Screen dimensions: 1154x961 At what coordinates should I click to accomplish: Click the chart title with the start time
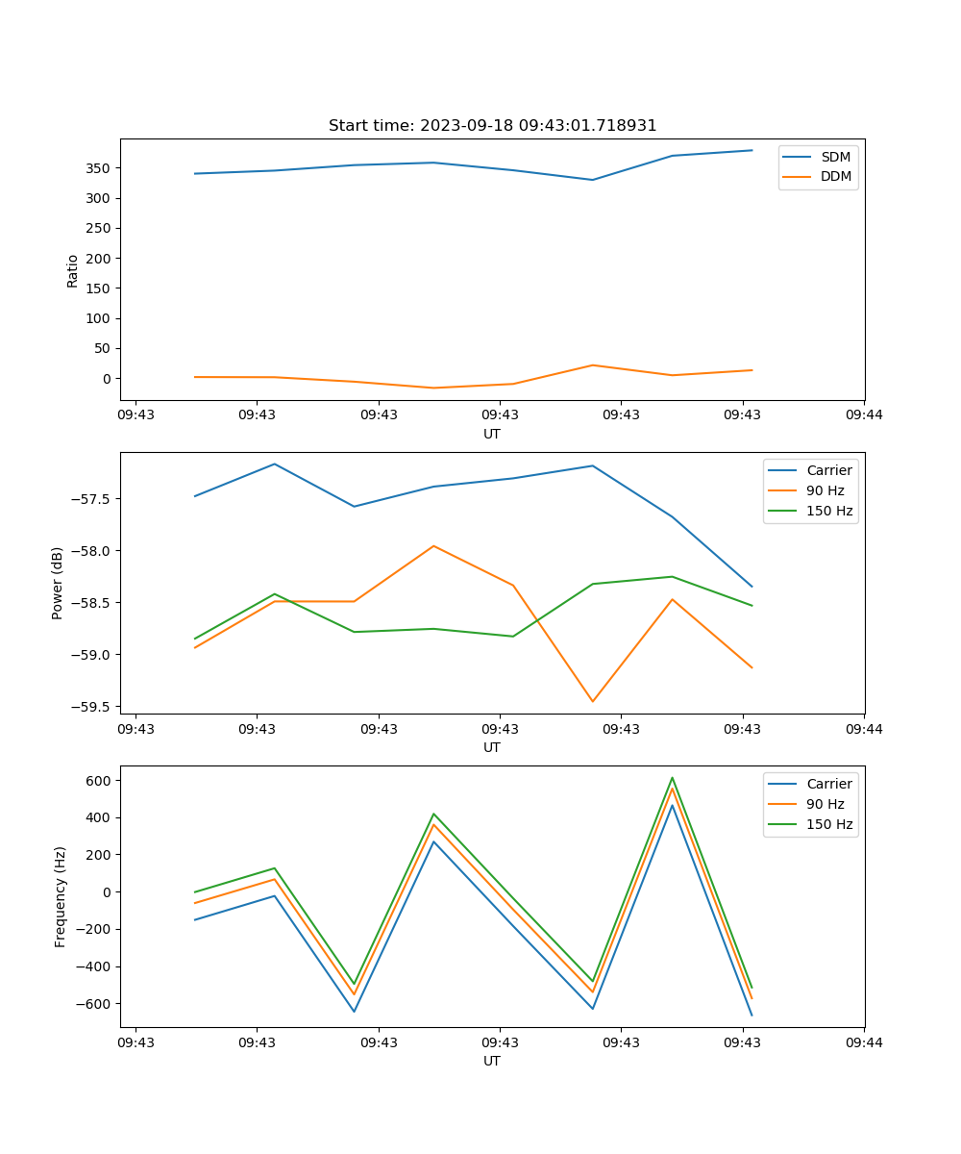pos(492,126)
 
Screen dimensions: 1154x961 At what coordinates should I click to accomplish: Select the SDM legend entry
pos(835,157)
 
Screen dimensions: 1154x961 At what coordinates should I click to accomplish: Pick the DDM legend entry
pos(835,177)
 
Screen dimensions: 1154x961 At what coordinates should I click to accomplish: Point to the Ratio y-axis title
pos(73,270)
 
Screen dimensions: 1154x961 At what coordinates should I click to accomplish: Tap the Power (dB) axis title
pos(58,583)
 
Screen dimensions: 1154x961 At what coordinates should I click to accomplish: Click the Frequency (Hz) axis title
pos(61,896)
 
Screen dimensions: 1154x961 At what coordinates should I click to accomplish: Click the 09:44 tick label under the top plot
pos(864,415)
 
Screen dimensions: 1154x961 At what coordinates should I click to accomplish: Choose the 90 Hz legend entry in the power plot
pos(825,490)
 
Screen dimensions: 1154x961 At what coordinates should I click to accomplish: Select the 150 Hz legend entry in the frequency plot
pos(829,824)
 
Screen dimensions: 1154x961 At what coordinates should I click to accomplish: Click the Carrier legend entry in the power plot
pos(828,470)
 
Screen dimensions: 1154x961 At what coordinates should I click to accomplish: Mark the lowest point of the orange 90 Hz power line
pos(593,701)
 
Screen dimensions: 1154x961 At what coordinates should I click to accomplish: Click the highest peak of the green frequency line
pos(673,778)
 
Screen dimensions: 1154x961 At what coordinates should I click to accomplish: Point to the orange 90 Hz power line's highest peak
pos(433,546)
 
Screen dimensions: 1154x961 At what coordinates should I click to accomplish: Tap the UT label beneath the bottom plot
pos(492,1061)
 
